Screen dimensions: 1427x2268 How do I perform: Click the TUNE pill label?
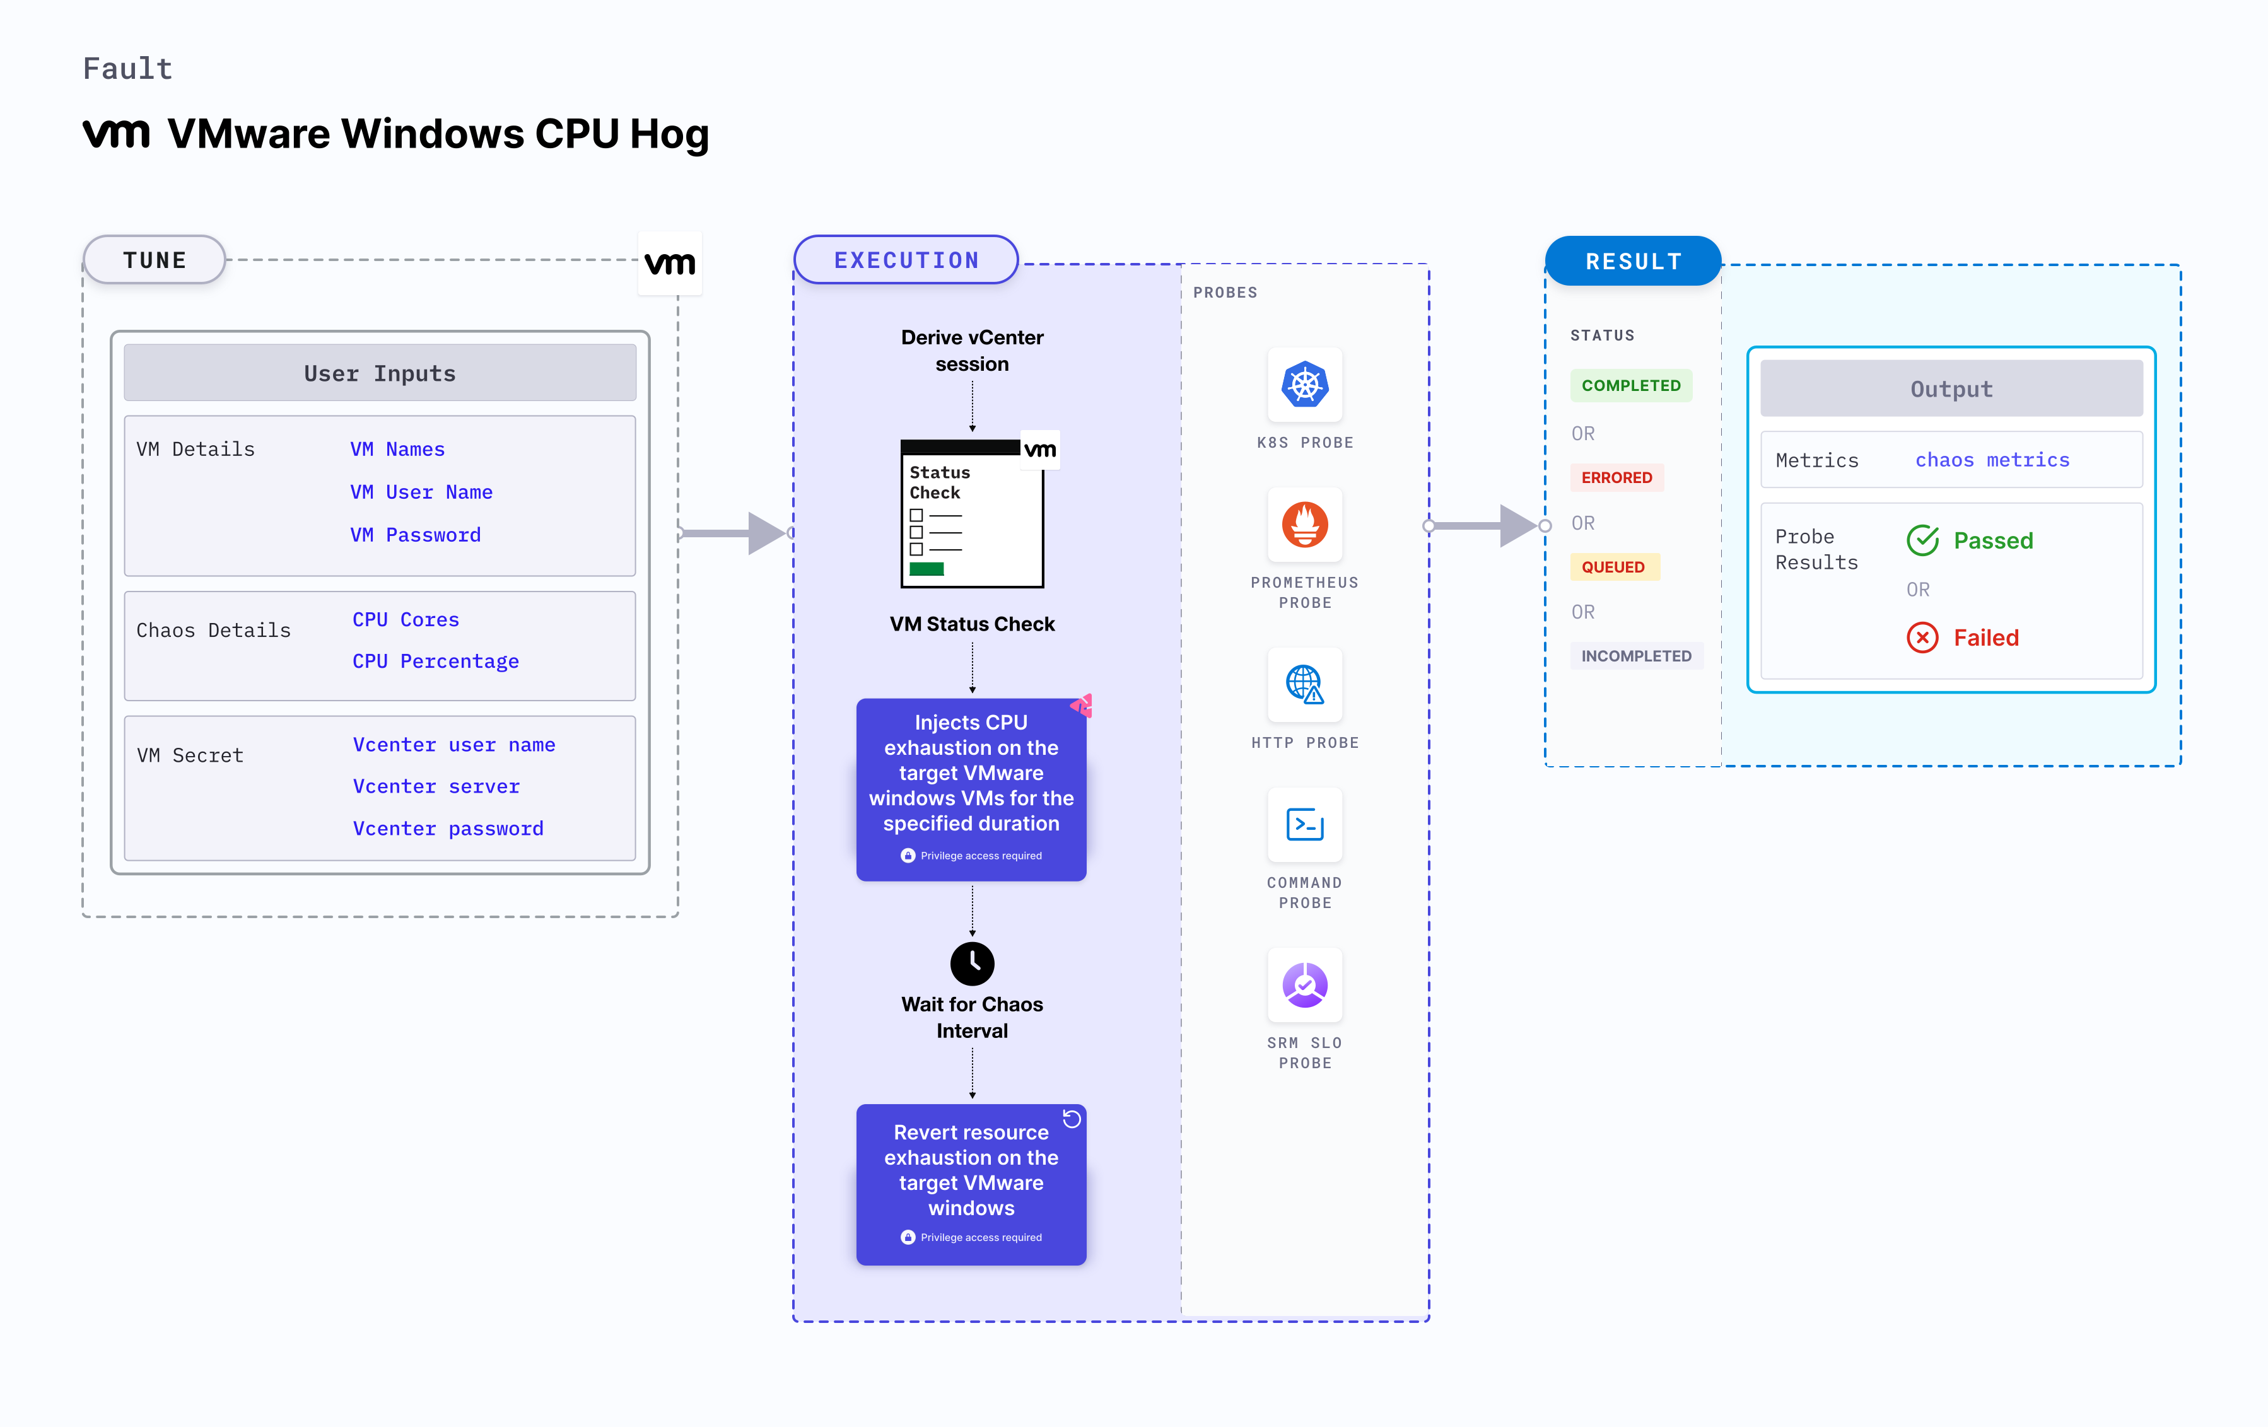pyautogui.click(x=155, y=260)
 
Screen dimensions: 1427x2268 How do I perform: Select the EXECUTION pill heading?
pyautogui.click(x=906, y=260)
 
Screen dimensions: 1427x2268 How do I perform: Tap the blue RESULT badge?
pyautogui.click(x=1633, y=261)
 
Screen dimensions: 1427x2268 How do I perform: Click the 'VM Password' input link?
pyautogui.click(x=416, y=535)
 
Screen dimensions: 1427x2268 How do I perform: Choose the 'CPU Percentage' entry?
pyautogui.click(x=435, y=661)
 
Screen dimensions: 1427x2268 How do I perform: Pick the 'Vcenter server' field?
pyautogui.click(x=436, y=786)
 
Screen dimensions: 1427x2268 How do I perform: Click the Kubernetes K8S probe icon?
pyautogui.click(x=1304, y=384)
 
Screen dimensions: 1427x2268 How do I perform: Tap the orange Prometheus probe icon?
pyautogui.click(x=1304, y=525)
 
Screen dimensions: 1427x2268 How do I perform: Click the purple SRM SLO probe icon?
pyautogui.click(x=1304, y=985)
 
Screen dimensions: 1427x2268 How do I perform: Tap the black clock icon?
pyautogui.click(x=972, y=963)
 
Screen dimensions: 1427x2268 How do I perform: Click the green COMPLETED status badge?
pyautogui.click(x=1630, y=385)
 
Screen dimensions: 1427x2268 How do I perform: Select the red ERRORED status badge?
pyautogui.click(x=1616, y=477)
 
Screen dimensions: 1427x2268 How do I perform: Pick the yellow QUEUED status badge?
pyautogui.click(x=1613, y=567)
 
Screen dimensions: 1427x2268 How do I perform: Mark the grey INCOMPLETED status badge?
pyautogui.click(x=1636, y=656)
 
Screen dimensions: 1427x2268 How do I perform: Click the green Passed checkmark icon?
pyautogui.click(x=1922, y=540)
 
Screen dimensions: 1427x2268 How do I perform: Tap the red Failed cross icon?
pyautogui.click(x=1922, y=638)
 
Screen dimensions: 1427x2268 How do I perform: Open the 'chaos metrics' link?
pyautogui.click(x=1992, y=460)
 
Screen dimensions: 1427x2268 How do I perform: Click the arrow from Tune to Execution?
pyautogui.click(x=735, y=533)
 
